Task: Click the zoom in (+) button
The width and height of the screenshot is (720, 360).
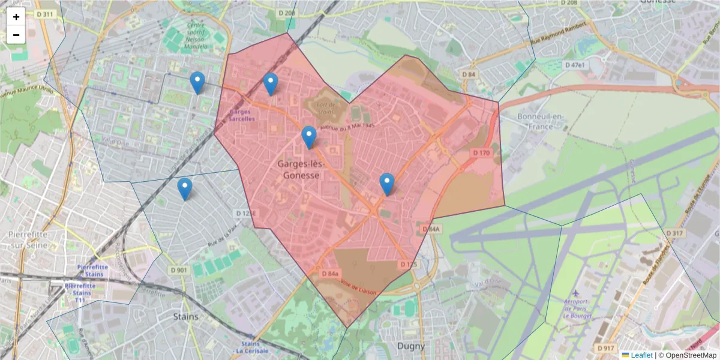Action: coord(16,17)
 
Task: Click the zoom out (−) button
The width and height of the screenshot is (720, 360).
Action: coord(16,35)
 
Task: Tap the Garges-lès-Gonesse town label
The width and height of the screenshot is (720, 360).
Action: coord(299,169)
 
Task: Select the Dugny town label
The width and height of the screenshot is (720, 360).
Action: coord(410,346)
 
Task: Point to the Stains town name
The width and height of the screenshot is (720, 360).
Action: coord(185,316)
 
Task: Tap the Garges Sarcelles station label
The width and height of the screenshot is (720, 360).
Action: coord(242,115)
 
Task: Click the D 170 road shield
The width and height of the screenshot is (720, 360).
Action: coord(481,153)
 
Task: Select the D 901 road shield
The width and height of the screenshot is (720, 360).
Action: coord(179,271)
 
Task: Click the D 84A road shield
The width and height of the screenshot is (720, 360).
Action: coord(431,229)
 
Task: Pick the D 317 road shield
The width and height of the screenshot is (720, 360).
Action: coord(675,233)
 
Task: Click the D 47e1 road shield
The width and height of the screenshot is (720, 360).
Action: coord(574,64)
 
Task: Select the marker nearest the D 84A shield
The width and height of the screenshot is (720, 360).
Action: coord(387,183)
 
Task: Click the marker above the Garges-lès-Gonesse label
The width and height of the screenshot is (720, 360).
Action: coord(309,137)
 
